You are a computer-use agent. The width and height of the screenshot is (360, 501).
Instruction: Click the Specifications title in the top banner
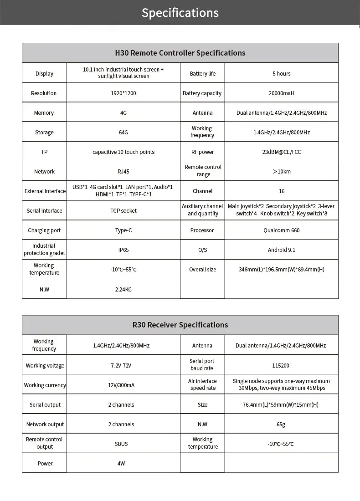click(x=180, y=12)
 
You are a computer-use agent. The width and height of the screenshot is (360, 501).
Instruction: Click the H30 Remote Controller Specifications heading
click(x=180, y=53)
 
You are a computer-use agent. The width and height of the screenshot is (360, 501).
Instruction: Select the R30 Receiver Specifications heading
click(x=180, y=325)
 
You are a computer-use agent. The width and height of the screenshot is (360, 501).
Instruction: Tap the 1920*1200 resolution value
click(x=123, y=93)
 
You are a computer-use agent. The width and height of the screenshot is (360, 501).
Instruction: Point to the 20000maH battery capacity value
click(x=281, y=93)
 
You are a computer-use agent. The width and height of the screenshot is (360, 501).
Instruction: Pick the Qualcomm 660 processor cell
click(x=281, y=230)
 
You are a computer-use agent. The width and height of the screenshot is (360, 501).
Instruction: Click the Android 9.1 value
click(x=281, y=250)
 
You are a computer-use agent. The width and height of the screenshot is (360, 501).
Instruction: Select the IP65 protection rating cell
click(x=123, y=250)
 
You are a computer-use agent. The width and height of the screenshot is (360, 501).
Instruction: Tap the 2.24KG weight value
click(x=123, y=289)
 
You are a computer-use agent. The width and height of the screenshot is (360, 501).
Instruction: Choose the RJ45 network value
click(x=123, y=172)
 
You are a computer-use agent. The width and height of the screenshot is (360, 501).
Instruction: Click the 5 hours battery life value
click(x=281, y=74)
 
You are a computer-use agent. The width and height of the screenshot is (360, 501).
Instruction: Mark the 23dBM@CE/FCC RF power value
click(x=281, y=152)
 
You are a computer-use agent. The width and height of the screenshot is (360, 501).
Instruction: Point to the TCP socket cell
click(x=123, y=211)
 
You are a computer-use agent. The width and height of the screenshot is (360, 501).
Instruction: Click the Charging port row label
click(x=44, y=230)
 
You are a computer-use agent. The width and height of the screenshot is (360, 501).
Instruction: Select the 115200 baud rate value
click(x=281, y=365)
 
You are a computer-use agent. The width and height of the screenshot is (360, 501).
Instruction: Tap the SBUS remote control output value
click(x=121, y=444)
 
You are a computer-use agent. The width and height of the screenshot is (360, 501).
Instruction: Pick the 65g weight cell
click(x=281, y=424)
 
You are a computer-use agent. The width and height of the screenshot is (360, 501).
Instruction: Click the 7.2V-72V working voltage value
click(x=121, y=365)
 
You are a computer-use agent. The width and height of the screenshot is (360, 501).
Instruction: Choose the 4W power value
click(x=121, y=464)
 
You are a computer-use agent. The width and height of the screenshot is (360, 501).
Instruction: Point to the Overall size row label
click(x=202, y=270)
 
